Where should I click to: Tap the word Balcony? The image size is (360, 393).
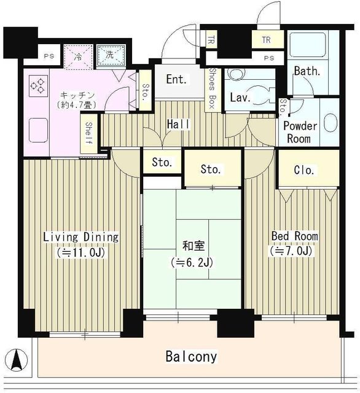[190, 356]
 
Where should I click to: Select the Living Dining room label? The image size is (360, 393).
[80, 237]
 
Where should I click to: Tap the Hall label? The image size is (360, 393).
[178, 124]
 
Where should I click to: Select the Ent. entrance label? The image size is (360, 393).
[176, 80]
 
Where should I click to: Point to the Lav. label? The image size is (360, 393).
[238, 98]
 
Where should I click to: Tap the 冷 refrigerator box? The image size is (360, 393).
[80, 55]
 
